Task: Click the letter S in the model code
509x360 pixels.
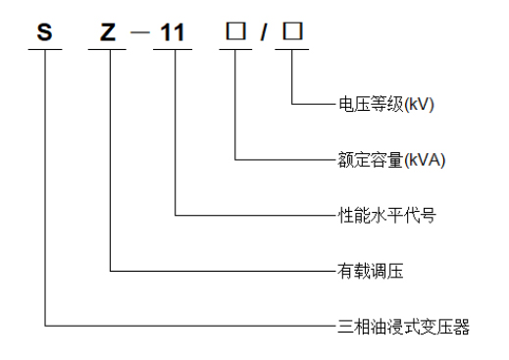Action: [44, 31]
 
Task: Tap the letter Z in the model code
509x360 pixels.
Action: [109, 31]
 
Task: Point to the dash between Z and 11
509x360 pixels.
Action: [141, 32]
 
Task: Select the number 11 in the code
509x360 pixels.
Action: [174, 31]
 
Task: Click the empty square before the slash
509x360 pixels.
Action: [235, 31]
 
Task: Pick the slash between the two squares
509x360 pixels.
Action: [264, 31]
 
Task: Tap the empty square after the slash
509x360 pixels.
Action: [292, 31]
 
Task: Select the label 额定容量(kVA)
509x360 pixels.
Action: [384, 158]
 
